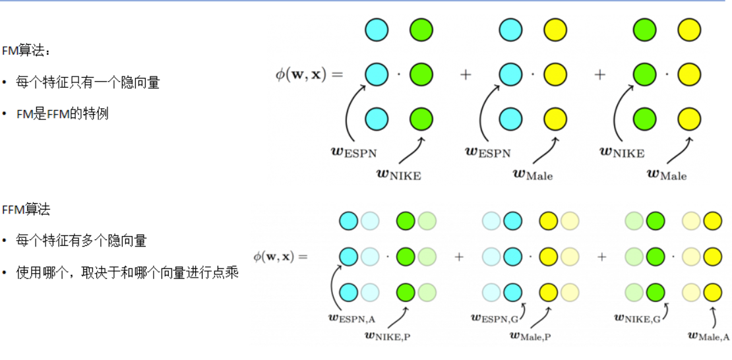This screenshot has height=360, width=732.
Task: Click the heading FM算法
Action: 25,51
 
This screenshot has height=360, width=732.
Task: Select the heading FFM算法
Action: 26,210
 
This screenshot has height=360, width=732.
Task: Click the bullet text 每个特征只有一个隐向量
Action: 88,82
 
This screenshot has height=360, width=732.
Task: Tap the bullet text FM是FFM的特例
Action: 63,114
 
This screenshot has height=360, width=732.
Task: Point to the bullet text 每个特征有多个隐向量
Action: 81,241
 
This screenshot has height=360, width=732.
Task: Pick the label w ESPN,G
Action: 495,317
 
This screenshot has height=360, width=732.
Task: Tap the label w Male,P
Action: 531,336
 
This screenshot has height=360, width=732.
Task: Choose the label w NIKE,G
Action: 637,317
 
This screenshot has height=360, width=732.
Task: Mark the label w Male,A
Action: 709,336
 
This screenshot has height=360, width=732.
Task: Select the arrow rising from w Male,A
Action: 714,315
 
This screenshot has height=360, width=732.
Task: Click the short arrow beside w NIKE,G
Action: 665,309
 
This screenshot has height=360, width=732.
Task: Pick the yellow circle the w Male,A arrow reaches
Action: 712,292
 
